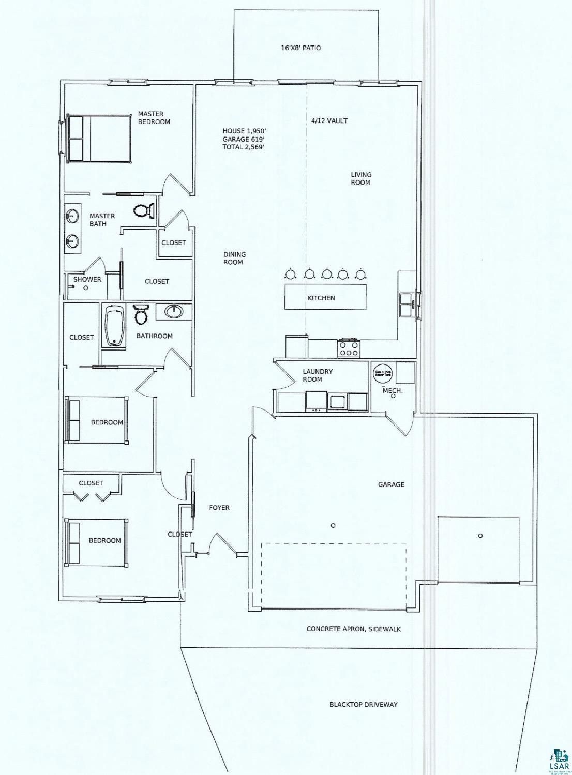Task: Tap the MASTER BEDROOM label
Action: (x=154, y=118)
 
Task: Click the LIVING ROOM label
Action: (x=360, y=178)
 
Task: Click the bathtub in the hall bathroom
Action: (x=113, y=327)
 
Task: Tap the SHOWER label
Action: (x=87, y=279)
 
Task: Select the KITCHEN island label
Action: (x=321, y=298)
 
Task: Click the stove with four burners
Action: (x=349, y=348)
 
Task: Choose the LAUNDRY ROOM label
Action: (x=318, y=375)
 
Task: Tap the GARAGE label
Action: (x=390, y=484)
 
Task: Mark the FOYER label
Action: (x=219, y=508)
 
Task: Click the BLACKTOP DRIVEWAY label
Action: (x=364, y=705)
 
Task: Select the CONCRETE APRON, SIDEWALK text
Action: (x=353, y=629)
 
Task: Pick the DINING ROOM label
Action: (x=234, y=258)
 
